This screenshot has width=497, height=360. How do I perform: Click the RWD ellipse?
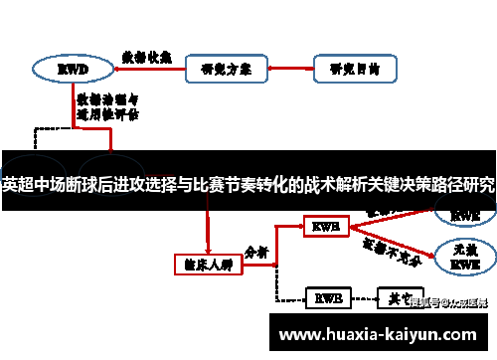click(71, 70)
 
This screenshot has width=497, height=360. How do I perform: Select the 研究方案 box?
click(218, 70)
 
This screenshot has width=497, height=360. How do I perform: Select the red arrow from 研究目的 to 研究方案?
click(279, 70)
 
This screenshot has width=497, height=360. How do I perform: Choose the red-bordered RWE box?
click(325, 228)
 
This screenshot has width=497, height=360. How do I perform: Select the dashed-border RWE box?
click(326, 297)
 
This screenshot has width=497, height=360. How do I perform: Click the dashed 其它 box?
click(397, 297)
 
